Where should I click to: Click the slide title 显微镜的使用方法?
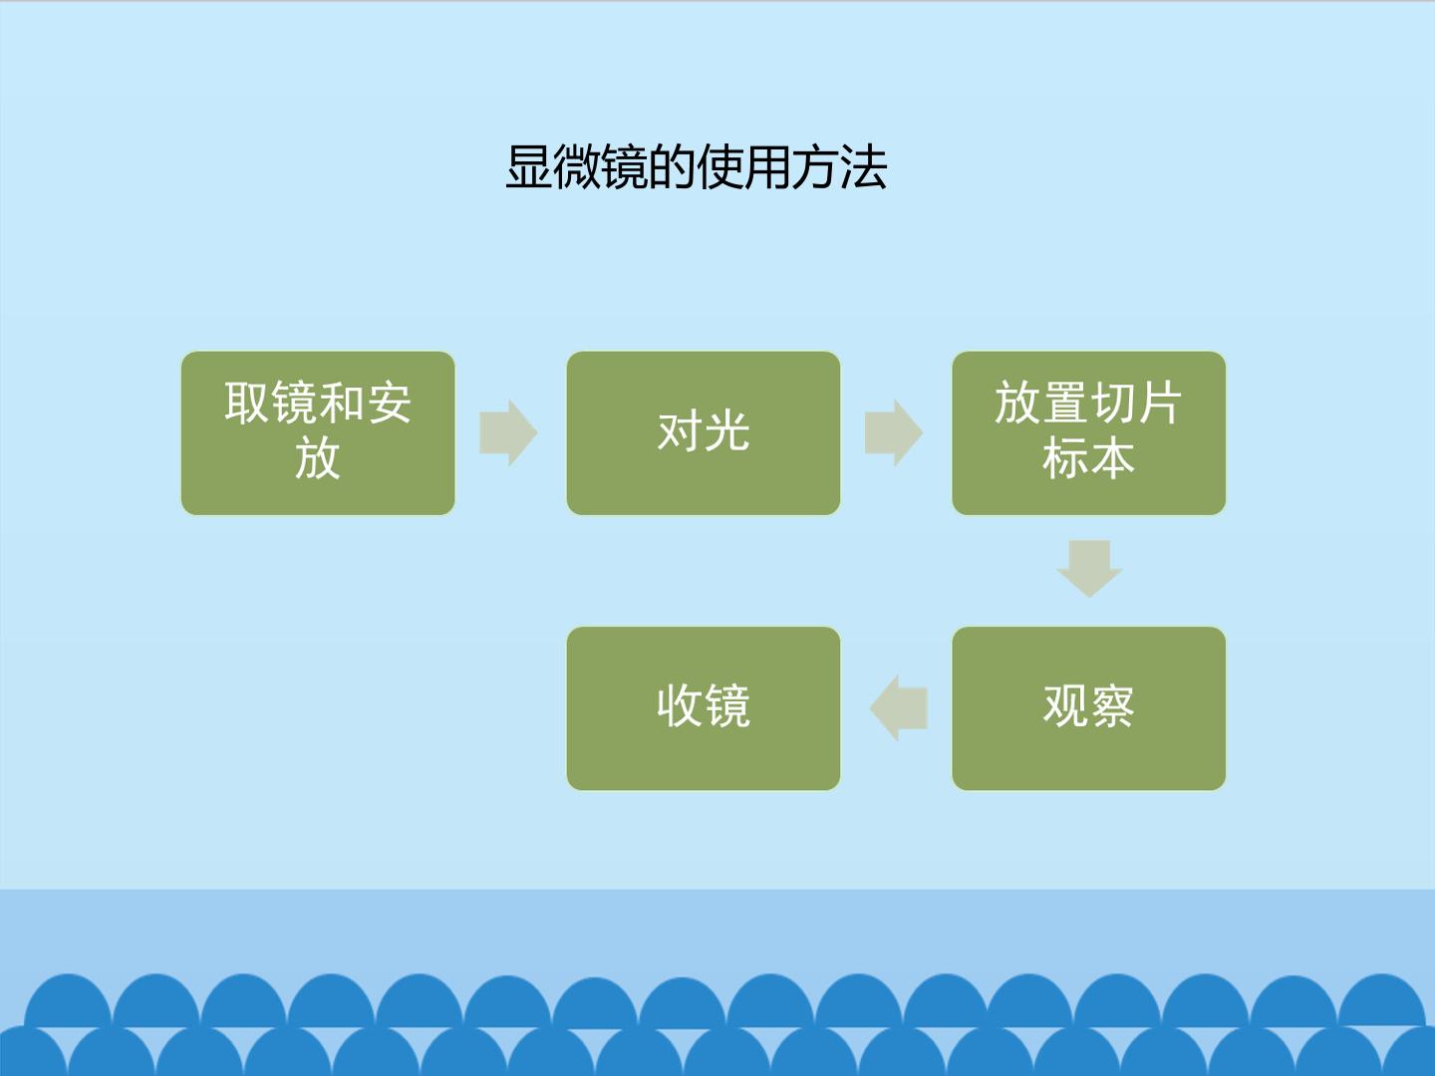(697, 168)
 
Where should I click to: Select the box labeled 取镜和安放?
(318, 433)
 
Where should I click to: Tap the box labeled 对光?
(704, 433)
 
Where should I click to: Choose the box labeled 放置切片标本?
(1088, 433)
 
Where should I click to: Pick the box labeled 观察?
(1088, 708)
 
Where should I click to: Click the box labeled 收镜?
(704, 708)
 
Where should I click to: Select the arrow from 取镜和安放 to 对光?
(508, 432)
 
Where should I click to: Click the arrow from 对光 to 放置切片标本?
(894, 432)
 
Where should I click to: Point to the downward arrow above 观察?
(1089, 568)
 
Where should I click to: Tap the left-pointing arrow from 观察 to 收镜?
(898, 708)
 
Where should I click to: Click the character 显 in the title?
(528, 168)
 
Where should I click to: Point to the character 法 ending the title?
(864, 168)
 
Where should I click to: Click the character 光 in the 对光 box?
(727, 431)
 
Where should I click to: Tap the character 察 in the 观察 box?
(1112, 707)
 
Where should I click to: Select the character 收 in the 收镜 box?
(680, 707)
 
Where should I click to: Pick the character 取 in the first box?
(247, 403)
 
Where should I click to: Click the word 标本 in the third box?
(1088, 459)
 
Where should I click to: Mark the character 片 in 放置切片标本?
(1159, 403)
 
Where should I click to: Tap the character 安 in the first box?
(389, 403)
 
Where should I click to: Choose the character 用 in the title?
(767, 168)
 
